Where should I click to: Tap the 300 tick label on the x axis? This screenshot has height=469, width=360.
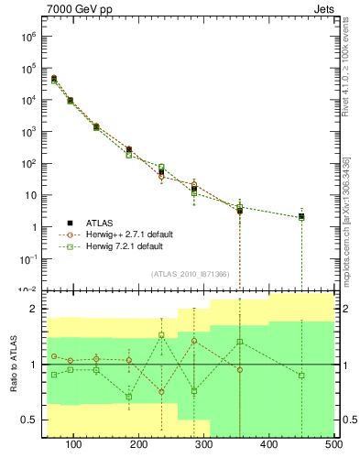point(204,444)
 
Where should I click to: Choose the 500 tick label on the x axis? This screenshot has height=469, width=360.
point(333,444)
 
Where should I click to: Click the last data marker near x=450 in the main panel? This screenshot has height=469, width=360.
point(301,217)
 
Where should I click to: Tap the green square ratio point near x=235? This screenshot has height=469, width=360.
point(161,335)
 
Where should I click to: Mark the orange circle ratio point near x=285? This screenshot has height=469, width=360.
point(194,341)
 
